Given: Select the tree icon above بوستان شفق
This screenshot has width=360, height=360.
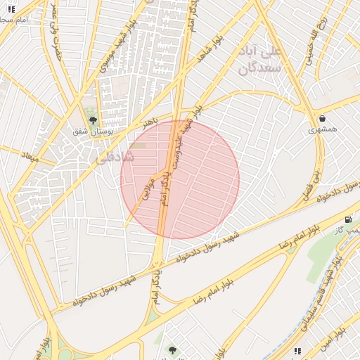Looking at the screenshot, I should pyautogui.click(x=92, y=120).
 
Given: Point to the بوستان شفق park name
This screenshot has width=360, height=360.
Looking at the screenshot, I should pyautogui.click(x=89, y=131).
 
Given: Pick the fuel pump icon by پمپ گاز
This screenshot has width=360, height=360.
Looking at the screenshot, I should pyautogui.click(x=349, y=220).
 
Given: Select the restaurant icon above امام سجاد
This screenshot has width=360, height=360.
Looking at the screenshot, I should pyautogui.click(x=10, y=9).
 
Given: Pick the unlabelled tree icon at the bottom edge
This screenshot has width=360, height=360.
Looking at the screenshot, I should pyautogui.click(x=172, y=350).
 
